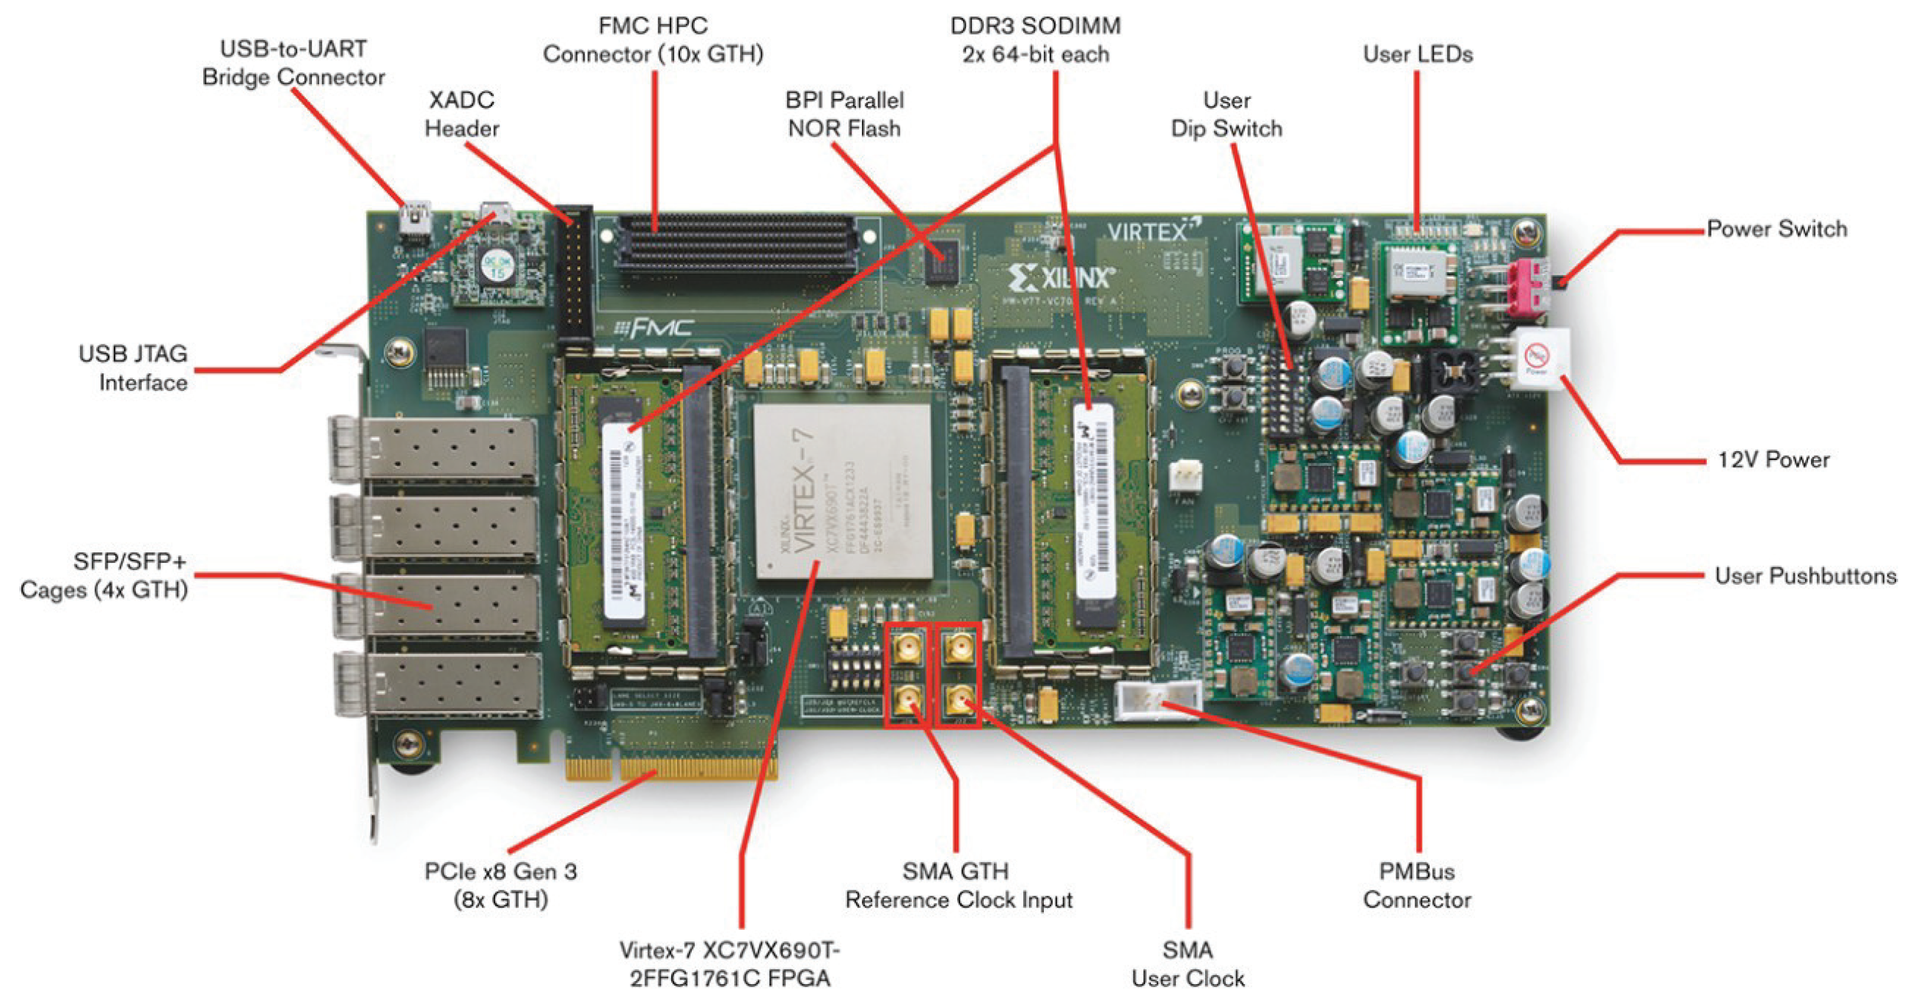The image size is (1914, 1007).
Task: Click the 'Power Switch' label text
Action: coord(1776,229)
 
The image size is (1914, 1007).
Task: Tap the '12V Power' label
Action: coord(1773,460)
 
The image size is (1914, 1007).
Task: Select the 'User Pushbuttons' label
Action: coord(1804,576)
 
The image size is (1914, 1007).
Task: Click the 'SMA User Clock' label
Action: coord(1187,964)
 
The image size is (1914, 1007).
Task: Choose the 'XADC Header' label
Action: coord(462,114)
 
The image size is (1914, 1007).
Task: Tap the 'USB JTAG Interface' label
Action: coord(134,368)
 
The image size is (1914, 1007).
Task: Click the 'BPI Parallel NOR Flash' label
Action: coord(844,114)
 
